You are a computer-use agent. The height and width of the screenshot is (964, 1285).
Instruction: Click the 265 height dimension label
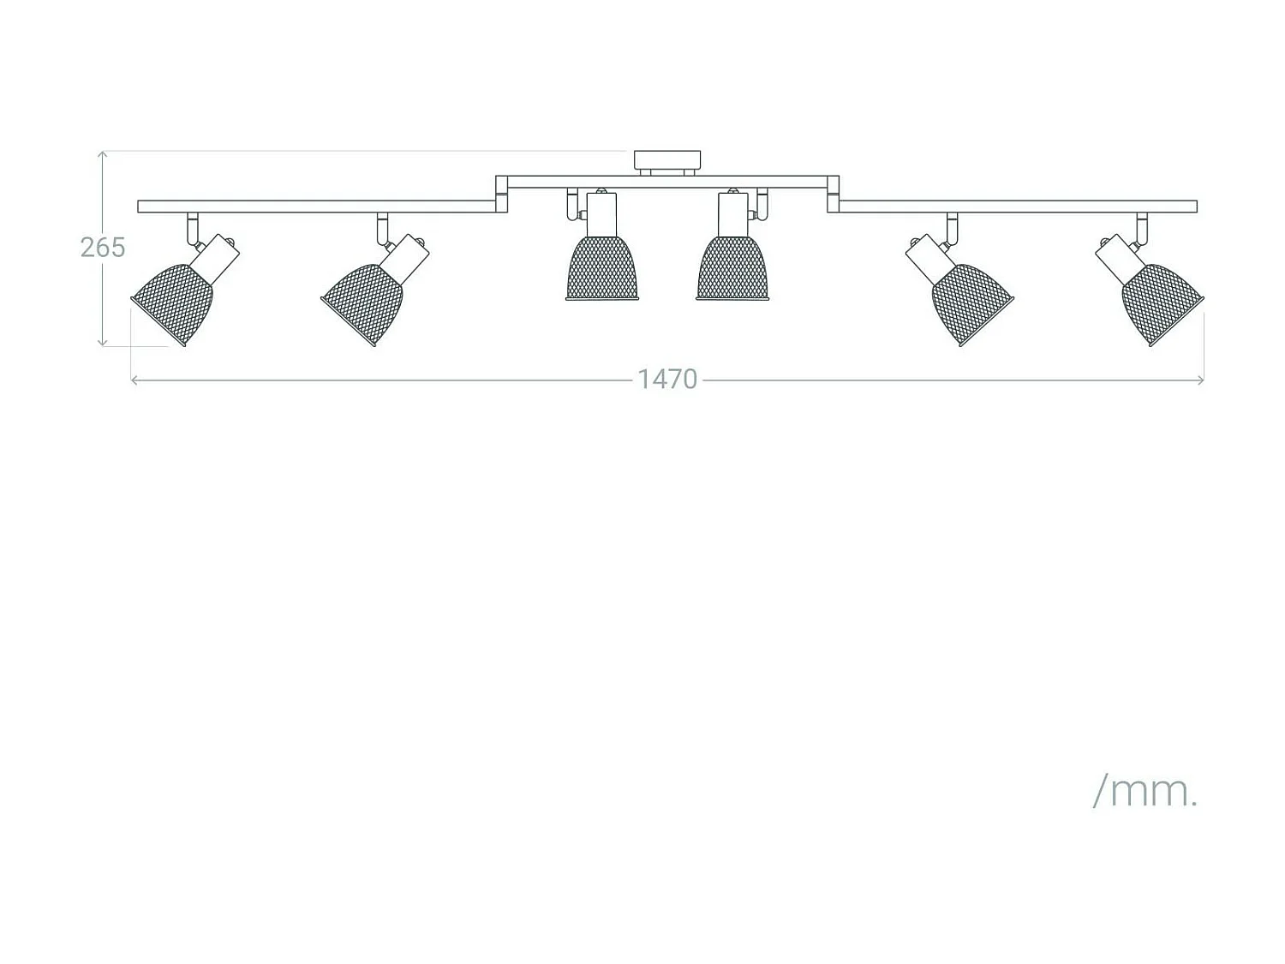pos(103,248)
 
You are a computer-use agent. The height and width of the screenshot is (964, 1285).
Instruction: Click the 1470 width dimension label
pos(666,380)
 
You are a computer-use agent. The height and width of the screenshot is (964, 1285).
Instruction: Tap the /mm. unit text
pos(1145,792)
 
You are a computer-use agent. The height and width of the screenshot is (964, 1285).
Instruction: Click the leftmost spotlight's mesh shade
pos(173,303)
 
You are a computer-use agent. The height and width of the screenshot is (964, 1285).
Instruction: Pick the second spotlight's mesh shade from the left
pos(363,303)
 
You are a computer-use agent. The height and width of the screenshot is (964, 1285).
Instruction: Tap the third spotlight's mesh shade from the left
pos(602,269)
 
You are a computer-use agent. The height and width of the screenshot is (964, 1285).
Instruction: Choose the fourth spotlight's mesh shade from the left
pos(732,269)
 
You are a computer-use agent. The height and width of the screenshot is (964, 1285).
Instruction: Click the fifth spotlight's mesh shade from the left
pos(971,303)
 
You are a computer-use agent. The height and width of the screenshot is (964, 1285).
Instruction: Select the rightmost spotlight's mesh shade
pos(1162,303)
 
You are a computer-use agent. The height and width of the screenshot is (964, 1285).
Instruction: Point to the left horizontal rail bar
pos(317,206)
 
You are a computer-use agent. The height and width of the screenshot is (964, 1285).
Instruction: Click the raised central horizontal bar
pos(667,182)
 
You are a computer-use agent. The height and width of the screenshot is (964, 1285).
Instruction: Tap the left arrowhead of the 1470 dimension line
pos(134,380)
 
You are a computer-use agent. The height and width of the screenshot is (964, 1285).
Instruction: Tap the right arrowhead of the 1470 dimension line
pos(1201,380)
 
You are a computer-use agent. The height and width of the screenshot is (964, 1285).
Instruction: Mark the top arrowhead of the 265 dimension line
pos(102,154)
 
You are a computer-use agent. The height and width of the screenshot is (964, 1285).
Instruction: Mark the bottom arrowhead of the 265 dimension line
pos(102,343)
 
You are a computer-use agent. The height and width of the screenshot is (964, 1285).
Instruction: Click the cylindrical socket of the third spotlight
pos(602,214)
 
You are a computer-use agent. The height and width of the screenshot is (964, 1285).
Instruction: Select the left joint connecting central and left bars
pos(502,195)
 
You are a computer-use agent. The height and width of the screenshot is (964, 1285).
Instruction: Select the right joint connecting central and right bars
pos(833,195)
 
